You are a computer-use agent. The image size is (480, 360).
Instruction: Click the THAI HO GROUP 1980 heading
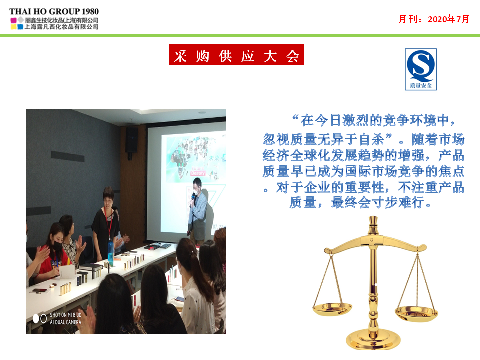[x=54, y=11]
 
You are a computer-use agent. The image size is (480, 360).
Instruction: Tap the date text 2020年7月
[x=449, y=19]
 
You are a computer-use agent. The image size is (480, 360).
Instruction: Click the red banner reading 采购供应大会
[x=236, y=55]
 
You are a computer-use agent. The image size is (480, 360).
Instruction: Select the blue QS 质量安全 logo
[x=421, y=69]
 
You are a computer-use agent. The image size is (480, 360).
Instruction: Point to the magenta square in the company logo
[x=14, y=21]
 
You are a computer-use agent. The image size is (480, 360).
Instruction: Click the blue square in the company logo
[x=20, y=27]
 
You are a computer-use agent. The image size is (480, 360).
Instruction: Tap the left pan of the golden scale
[x=332, y=309]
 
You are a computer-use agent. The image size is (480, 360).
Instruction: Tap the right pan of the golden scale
[x=416, y=312]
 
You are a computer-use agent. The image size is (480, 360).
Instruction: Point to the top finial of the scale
[x=373, y=220]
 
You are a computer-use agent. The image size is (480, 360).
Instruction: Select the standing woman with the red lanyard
[x=106, y=223]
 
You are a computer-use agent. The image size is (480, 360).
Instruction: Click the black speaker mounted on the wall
[x=132, y=139]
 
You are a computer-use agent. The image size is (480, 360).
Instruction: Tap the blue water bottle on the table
[x=110, y=253]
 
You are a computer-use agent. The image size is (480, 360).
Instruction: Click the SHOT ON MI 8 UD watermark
[x=66, y=315]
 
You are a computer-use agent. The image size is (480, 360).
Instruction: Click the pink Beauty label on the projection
[x=198, y=173]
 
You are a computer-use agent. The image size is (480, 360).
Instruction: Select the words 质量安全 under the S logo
[x=421, y=85]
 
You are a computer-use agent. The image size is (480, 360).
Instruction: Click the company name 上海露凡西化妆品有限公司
[x=61, y=27]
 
